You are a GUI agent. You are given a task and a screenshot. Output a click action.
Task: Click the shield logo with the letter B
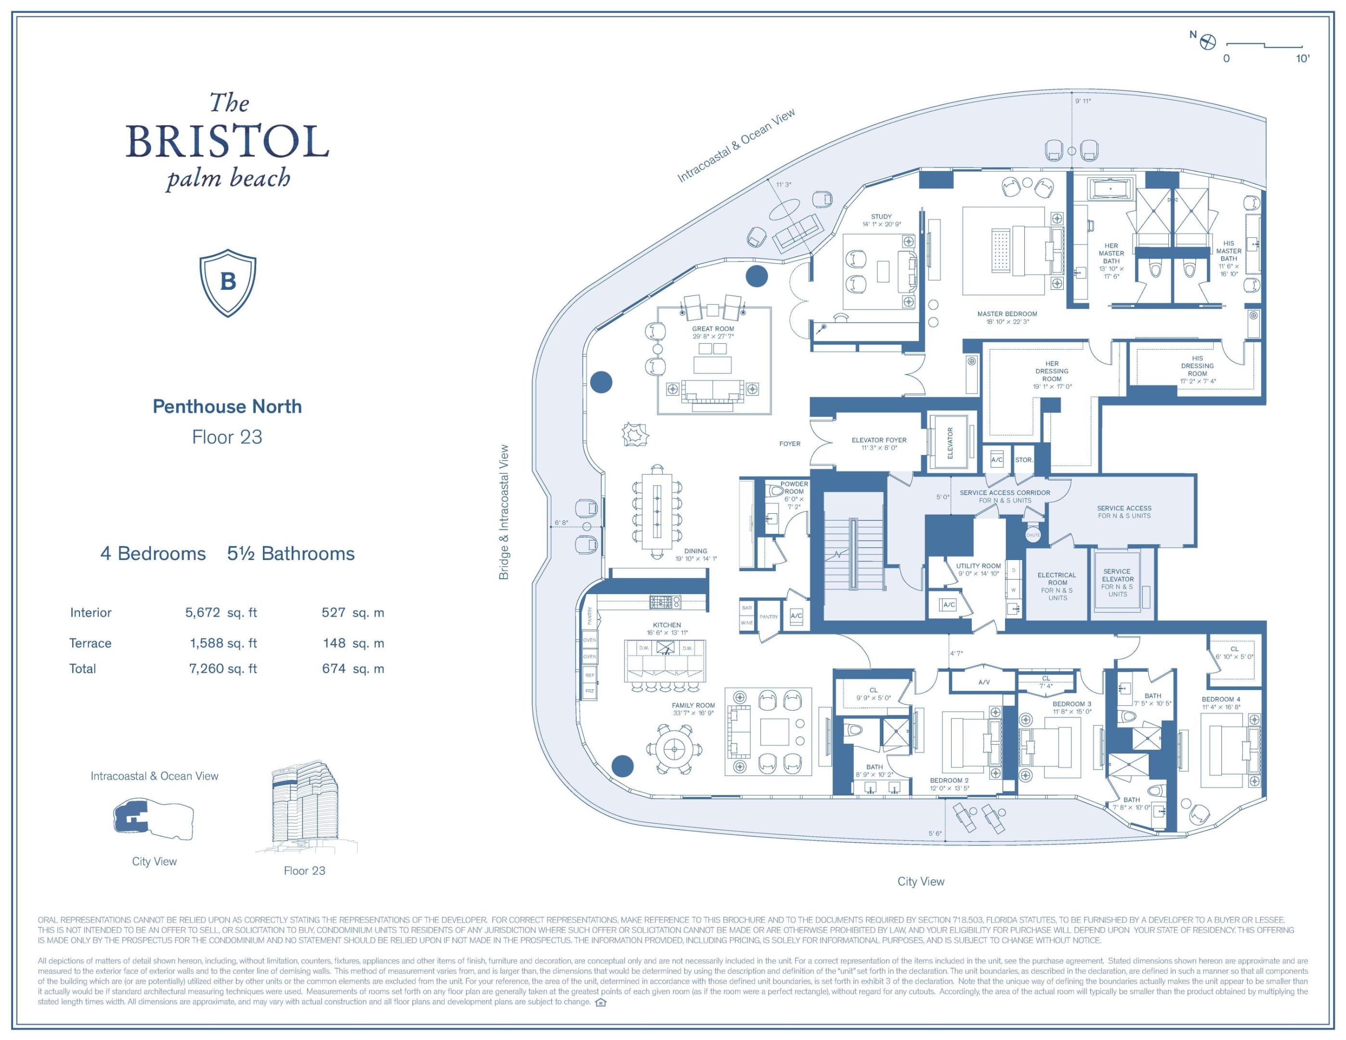point(227,283)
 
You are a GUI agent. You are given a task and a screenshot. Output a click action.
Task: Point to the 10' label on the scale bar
point(1302,59)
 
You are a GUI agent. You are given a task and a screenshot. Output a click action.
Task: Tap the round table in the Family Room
point(674,749)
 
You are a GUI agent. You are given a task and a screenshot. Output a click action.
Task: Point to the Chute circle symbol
point(1033,535)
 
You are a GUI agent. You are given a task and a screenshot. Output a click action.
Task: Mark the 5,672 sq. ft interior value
point(221,612)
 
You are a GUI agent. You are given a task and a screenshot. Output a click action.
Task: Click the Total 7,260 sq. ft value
point(222,668)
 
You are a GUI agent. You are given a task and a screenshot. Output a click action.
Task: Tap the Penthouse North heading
point(227,407)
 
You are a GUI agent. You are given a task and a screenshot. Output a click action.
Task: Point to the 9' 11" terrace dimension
point(1083,101)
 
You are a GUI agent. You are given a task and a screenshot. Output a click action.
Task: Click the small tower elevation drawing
point(305,807)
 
